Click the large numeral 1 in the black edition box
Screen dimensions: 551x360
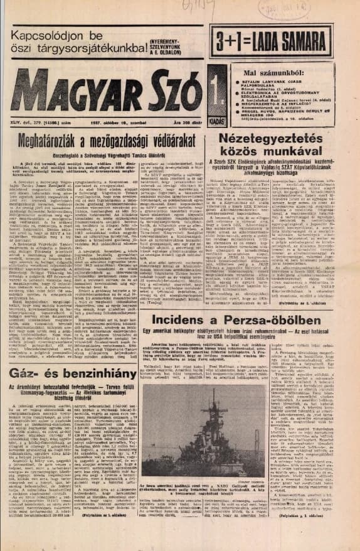(x=216, y=88)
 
